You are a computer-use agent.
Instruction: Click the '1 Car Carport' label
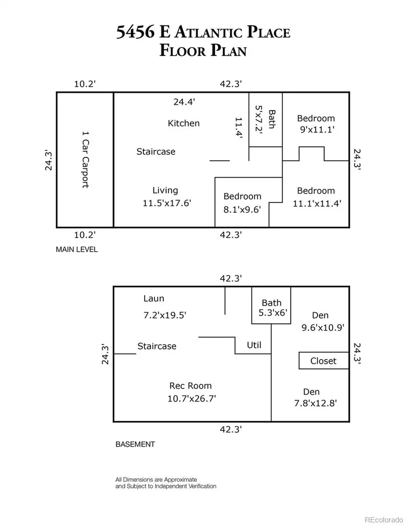(x=86, y=159)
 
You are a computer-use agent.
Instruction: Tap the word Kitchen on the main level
(x=184, y=123)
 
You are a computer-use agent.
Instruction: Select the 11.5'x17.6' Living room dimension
(x=167, y=203)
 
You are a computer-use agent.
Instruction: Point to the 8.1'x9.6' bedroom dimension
(x=242, y=209)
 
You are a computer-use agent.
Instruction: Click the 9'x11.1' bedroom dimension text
(x=317, y=129)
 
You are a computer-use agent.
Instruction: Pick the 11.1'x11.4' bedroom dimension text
(x=317, y=203)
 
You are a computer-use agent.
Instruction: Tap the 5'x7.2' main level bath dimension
(x=259, y=119)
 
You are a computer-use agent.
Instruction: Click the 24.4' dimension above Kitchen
(x=184, y=102)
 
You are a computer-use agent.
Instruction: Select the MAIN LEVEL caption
(x=77, y=249)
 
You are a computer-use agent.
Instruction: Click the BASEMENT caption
(x=135, y=444)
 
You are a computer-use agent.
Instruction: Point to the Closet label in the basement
(x=323, y=361)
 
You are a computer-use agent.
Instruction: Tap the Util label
(x=254, y=345)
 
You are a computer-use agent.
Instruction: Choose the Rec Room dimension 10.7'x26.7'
(x=192, y=399)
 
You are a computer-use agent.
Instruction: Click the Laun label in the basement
(x=154, y=298)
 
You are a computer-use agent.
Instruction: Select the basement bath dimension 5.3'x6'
(x=273, y=313)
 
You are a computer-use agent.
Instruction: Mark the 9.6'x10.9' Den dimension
(x=323, y=327)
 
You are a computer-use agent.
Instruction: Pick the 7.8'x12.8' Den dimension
(x=315, y=403)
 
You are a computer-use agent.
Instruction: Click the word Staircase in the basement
(x=157, y=346)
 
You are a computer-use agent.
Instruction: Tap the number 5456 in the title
(x=135, y=32)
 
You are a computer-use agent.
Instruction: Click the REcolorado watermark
(x=383, y=520)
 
